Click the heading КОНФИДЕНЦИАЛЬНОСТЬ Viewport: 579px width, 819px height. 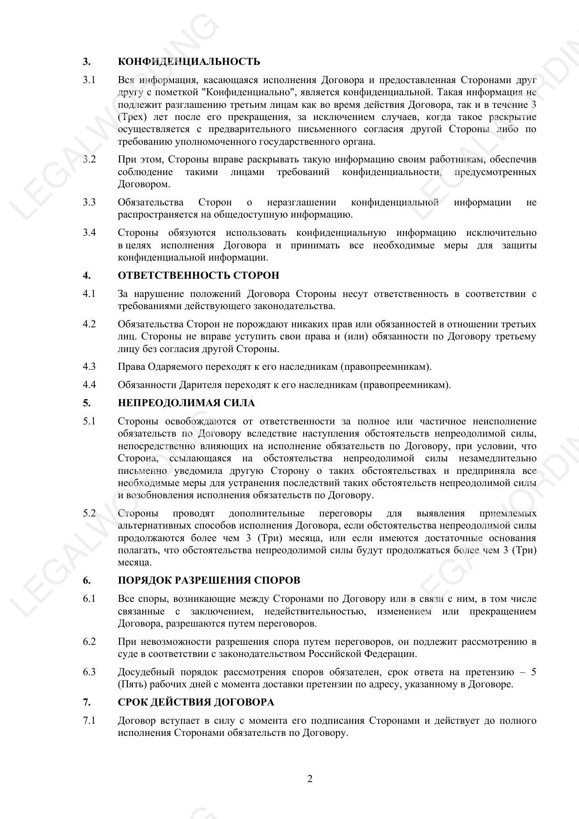[189, 62]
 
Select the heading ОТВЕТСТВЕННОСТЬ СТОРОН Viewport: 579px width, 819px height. [198, 275]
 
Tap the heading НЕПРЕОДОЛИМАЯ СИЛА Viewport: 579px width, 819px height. [186, 403]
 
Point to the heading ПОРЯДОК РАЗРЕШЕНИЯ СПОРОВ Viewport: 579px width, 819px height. [209, 580]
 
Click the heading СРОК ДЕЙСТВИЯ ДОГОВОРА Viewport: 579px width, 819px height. [196, 702]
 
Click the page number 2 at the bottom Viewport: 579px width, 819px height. [310, 779]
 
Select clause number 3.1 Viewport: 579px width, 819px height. [89, 80]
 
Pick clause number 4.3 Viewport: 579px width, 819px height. [89, 367]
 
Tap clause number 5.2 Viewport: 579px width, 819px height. [89, 514]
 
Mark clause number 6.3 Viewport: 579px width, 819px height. [89, 672]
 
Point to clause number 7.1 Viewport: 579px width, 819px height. [89, 721]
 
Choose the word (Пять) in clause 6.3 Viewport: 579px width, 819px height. [133, 685]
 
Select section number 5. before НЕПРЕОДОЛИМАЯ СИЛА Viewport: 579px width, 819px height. [87, 403]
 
